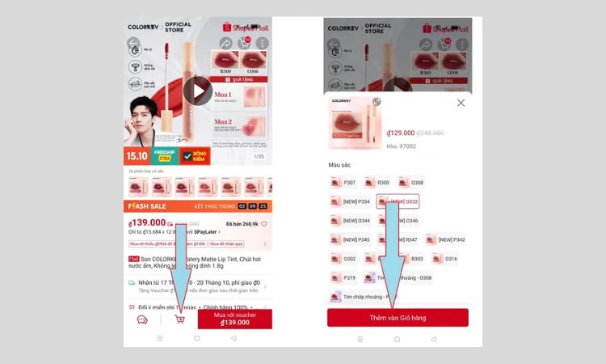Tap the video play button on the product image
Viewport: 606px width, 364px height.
pos(197,91)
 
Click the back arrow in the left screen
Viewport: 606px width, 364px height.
pos(134,44)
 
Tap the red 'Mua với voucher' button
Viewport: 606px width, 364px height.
pos(235,319)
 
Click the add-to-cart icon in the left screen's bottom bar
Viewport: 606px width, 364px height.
pos(179,319)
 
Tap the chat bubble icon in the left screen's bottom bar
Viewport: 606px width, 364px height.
pos(142,320)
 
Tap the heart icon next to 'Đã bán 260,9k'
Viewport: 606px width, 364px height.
pos(263,224)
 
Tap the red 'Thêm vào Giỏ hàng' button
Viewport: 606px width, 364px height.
pos(398,318)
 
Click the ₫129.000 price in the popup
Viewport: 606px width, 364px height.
pos(401,133)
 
